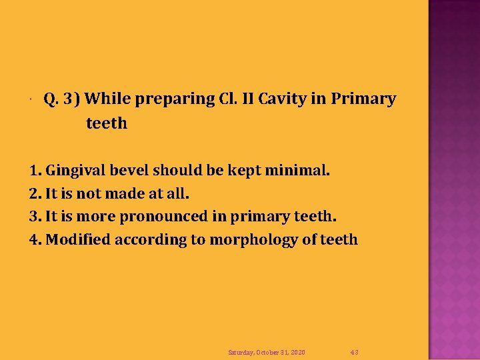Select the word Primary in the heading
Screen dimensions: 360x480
(363, 99)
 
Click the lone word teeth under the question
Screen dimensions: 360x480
(106, 123)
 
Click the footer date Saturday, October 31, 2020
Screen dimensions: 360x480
(267, 352)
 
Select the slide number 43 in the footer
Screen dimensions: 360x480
(355, 352)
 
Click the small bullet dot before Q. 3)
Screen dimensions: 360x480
(31, 102)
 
